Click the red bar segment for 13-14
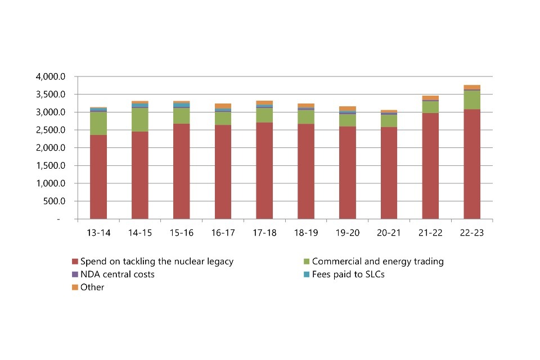pos(98,177)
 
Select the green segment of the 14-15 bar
pos(140,120)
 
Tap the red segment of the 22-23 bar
pos(472,164)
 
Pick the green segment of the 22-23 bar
pos(472,100)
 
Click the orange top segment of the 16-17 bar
pos(223,106)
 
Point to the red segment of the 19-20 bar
pos(348,172)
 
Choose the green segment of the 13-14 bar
pos(98,123)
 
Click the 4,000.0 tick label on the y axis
pos(51,76)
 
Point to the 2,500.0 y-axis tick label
pos(51,130)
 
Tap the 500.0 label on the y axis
pos(55,201)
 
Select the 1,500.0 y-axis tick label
pos(51,165)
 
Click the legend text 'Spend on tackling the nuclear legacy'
pos(156,262)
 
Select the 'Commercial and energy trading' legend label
pos(377,262)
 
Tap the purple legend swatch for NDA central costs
pos(75,274)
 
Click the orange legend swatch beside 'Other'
pos(75,287)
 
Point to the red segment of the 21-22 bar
pos(430,166)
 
